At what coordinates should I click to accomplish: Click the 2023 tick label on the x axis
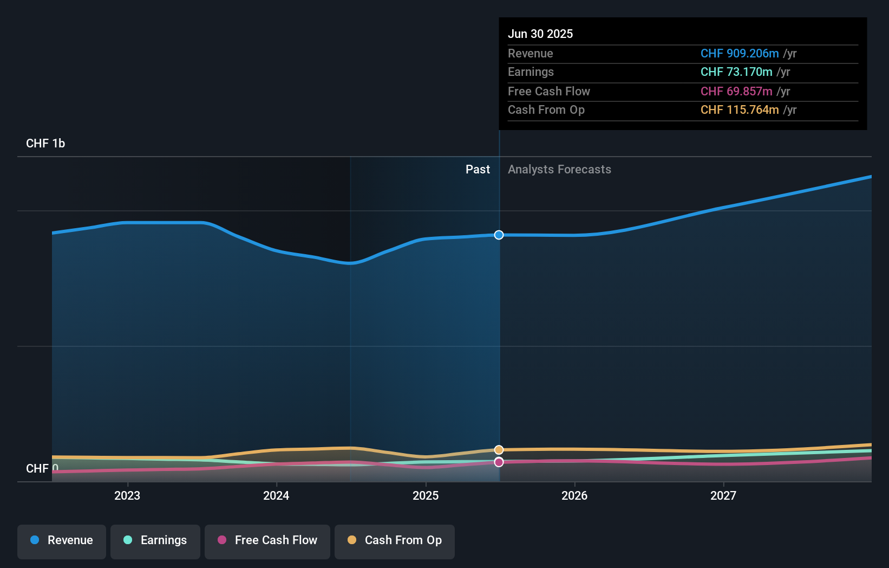point(127,495)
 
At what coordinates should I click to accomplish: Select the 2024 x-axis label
point(276,495)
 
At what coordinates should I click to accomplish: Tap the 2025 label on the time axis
point(426,495)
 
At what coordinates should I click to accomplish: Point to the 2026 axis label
point(574,495)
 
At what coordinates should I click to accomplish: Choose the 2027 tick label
point(723,495)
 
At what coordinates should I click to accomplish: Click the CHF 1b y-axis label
point(45,144)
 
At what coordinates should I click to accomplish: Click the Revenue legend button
point(62,540)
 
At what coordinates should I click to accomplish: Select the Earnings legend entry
point(155,540)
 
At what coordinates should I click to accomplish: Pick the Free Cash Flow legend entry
point(267,540)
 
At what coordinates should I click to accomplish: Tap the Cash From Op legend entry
point(395,540)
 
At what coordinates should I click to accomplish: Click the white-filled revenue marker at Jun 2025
point(499,235)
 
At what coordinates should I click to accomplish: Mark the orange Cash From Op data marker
point(499,450)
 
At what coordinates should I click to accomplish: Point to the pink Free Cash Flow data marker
point(499,462)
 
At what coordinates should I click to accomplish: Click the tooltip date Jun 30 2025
point(540,34)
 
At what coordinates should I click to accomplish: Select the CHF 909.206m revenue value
point(740,54)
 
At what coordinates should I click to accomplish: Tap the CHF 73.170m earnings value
point(736,72)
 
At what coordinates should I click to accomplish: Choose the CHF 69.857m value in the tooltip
point(736,92)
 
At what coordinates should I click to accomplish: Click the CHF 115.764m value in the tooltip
point(740,110)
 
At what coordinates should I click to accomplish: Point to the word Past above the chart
point(478,170)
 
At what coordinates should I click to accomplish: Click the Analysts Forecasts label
point(559,170)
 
